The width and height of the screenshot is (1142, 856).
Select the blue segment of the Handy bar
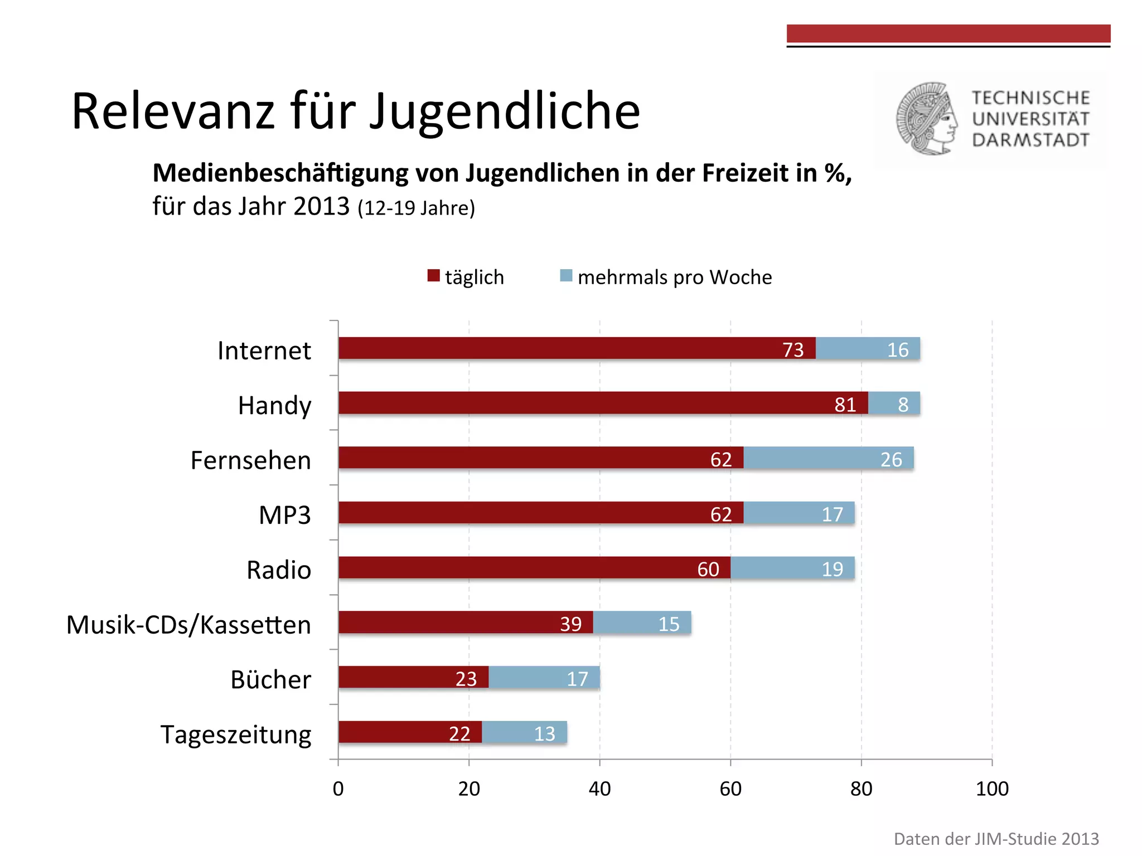pos(894,403)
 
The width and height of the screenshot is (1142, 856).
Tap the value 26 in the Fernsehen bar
pos(891,460)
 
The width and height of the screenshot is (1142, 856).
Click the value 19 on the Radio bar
pos(833,569)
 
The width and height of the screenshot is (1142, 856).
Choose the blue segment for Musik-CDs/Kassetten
pos(642,622)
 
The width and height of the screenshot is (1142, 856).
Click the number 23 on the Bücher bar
pos(466,679)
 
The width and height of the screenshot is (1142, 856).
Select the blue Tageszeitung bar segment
pos(524,732)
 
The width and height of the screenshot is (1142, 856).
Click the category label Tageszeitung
pos(236,735)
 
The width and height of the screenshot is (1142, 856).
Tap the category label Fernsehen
pos(251,460)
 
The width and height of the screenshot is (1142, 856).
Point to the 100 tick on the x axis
pos(992,789)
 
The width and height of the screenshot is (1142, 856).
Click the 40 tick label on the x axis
pos(600,789)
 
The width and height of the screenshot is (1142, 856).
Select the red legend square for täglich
pos(433,276)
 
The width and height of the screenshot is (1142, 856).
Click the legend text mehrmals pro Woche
pos(675,277)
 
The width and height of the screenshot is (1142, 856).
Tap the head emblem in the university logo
pos(926,119)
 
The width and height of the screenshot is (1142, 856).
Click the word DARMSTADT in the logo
pos(1030,140)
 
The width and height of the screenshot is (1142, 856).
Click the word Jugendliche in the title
pos(505,111)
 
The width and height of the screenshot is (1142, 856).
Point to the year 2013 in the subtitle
pos(321,207)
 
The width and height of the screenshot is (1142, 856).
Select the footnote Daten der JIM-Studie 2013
pos(996,839)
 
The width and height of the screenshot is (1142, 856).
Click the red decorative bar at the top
pos(948,33)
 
